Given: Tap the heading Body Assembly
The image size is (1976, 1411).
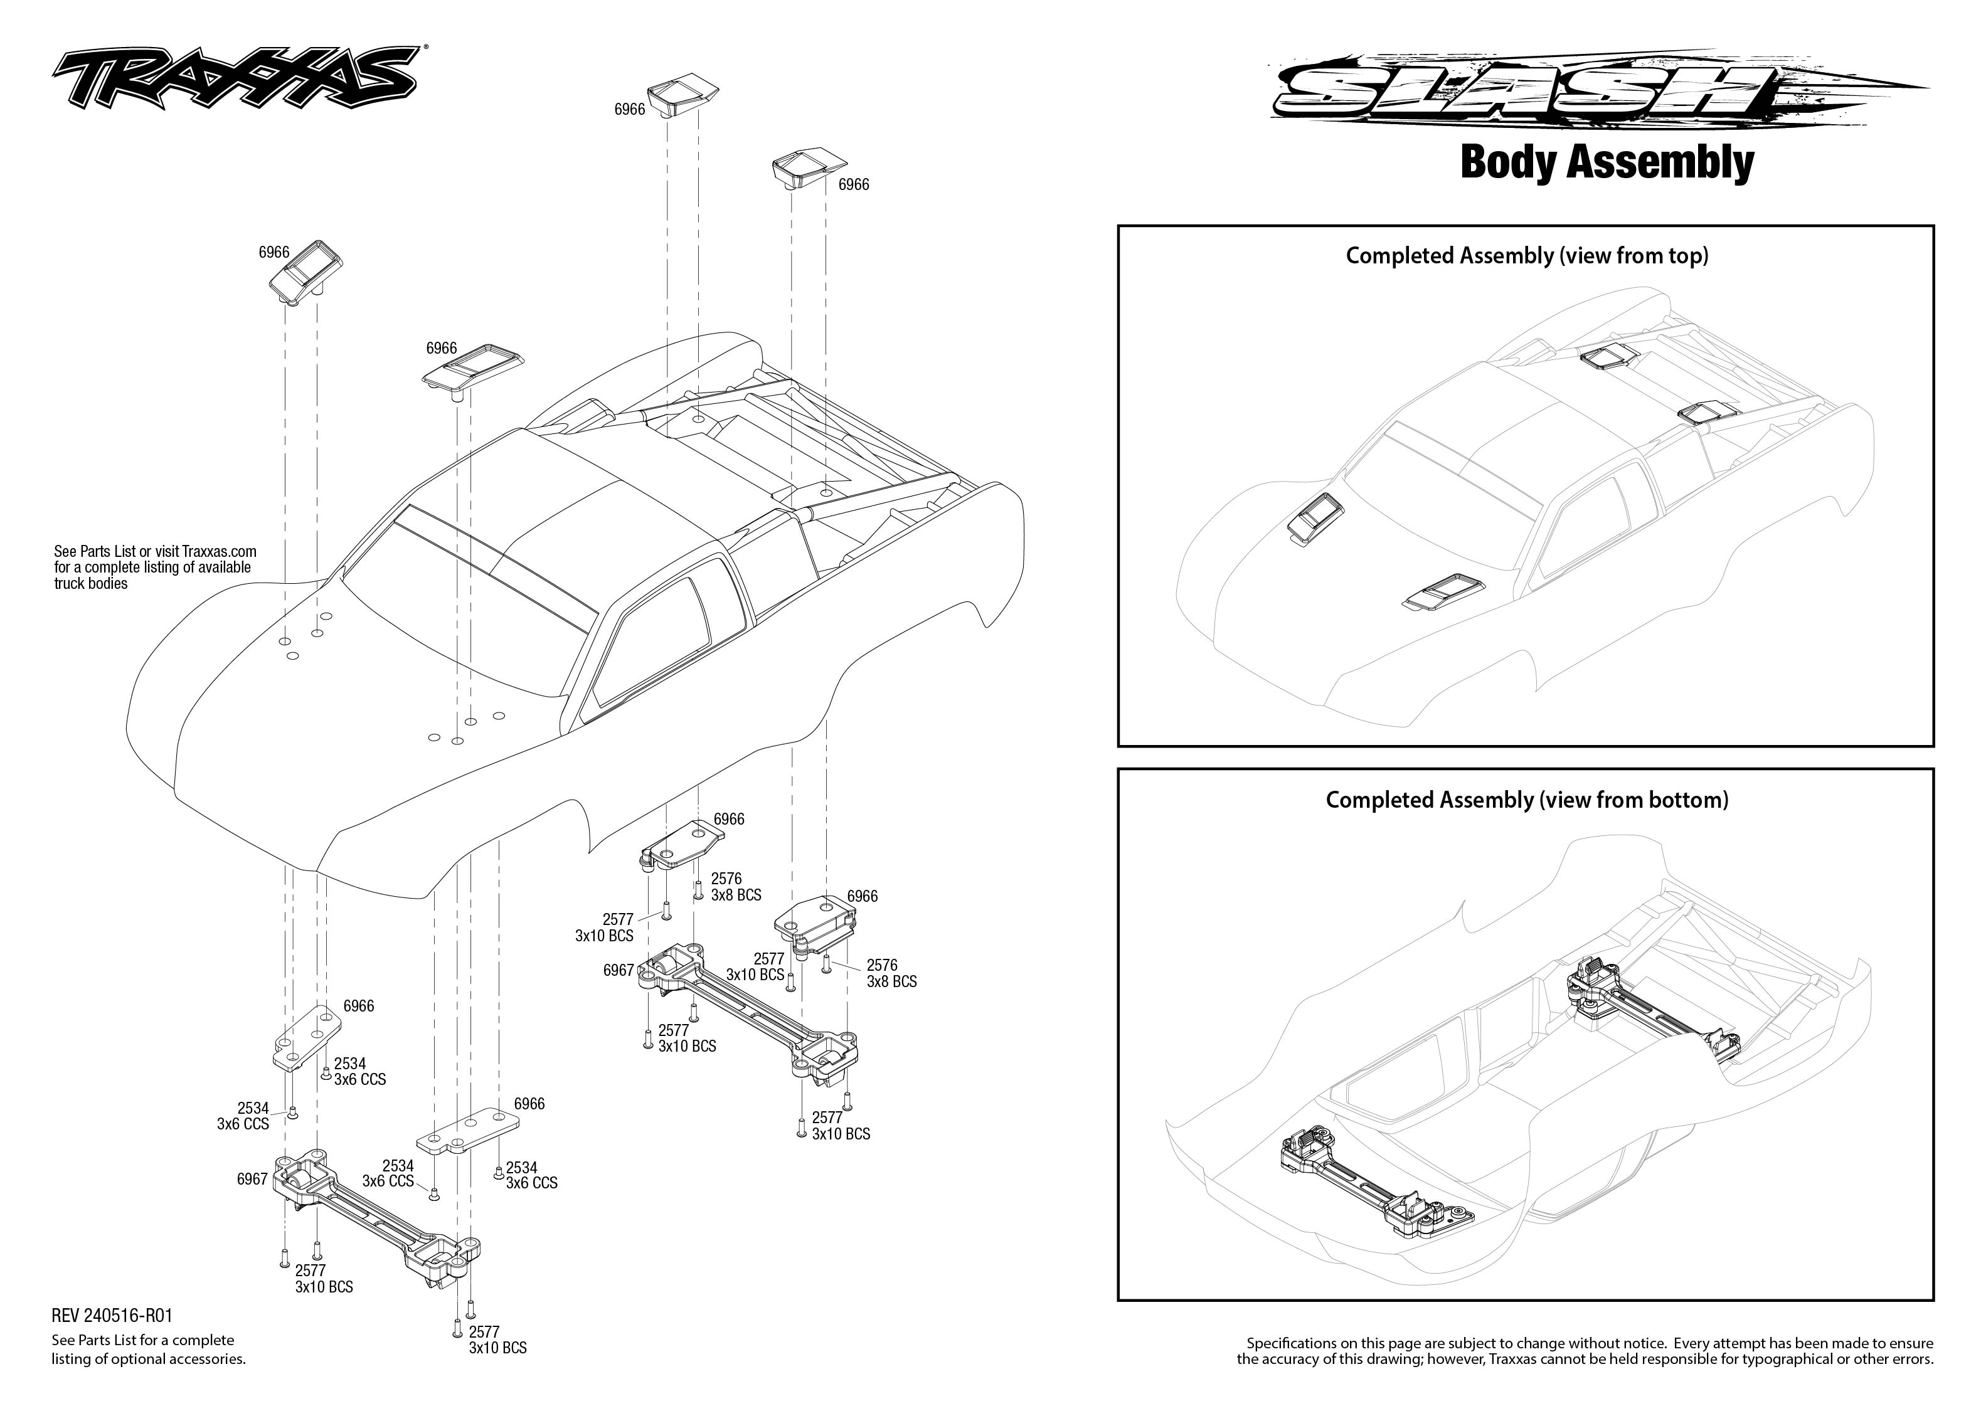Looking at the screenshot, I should (1607, 162).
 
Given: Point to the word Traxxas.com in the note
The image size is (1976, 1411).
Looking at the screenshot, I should (219, 551).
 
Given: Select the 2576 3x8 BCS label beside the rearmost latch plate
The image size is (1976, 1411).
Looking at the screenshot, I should (891, 973).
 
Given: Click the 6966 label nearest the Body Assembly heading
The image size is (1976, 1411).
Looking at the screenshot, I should (853, 184).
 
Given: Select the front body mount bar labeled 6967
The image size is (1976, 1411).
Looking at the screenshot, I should (374, 1217).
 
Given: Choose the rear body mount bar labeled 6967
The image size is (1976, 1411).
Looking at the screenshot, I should (747, 1012).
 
